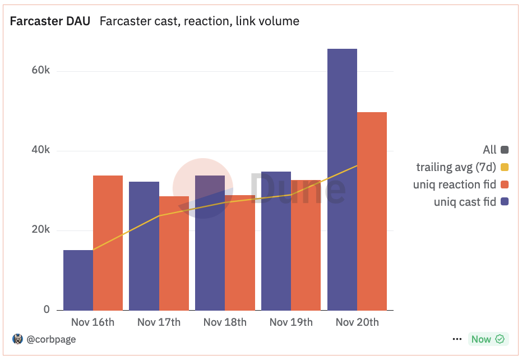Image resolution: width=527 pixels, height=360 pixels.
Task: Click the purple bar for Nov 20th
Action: pos(342,179)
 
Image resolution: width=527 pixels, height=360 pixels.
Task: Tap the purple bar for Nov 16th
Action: pos(78,280)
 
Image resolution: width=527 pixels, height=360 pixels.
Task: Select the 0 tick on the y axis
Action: pos(47,310)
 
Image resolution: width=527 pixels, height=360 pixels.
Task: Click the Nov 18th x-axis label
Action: pos(225,322)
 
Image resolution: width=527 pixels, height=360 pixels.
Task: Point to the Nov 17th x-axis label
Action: pos(159,322)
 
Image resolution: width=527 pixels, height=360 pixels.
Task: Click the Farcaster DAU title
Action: pos(50,21)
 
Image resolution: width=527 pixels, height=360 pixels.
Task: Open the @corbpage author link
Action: pos(51,339)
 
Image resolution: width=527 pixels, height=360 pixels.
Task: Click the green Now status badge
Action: pos(488,339)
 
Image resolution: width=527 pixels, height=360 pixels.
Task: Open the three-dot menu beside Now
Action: pos(456,339)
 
